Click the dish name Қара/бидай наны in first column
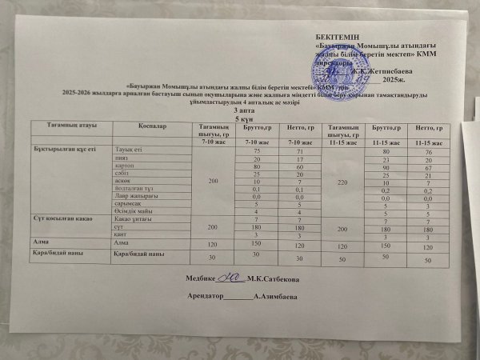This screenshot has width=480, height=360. [55, 254]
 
